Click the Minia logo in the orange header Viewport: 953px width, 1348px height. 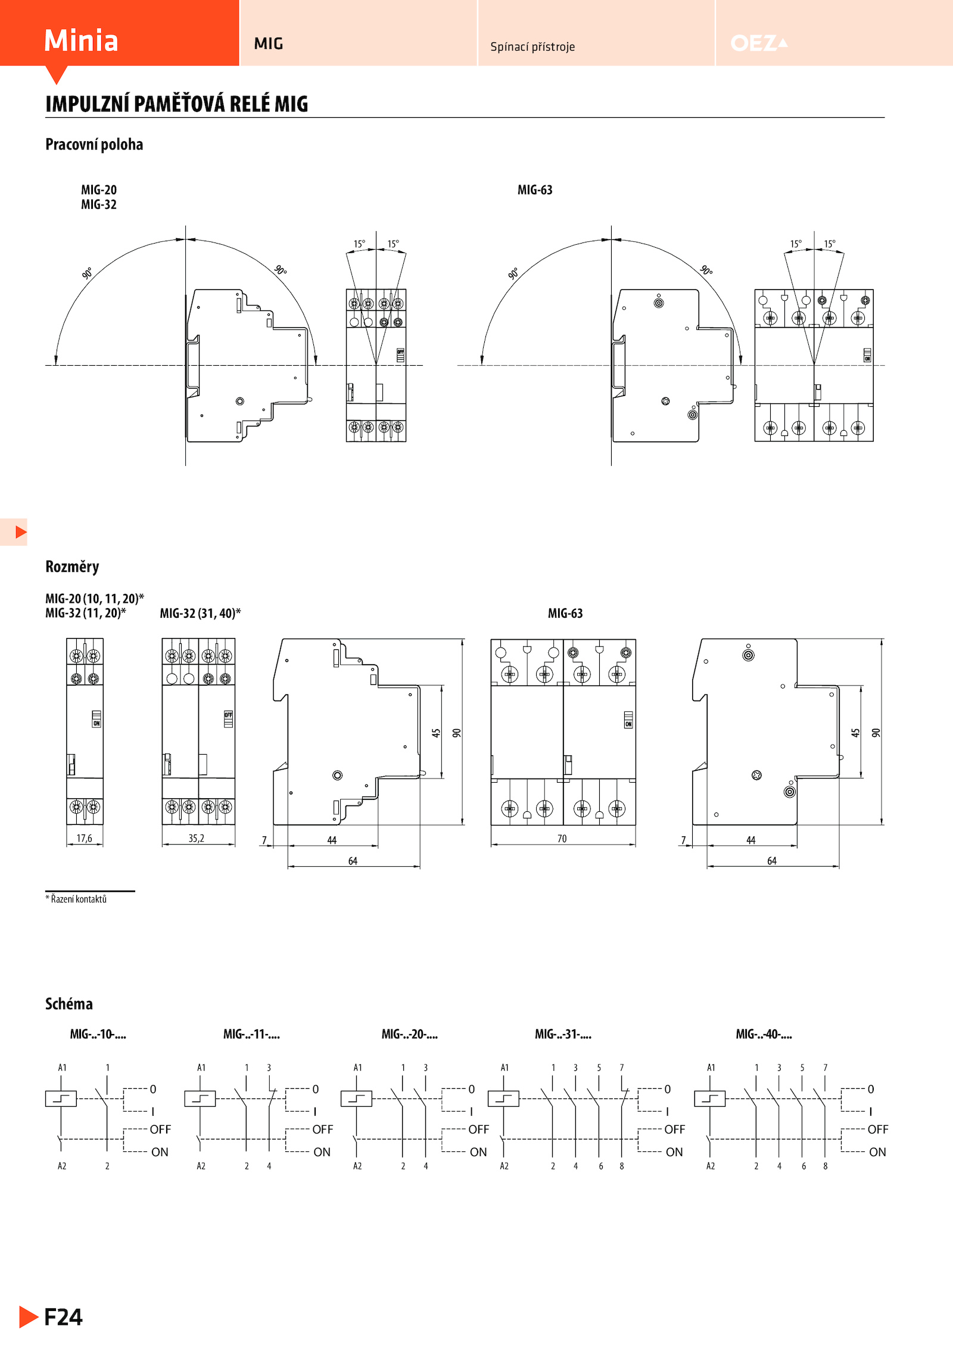[81, 41]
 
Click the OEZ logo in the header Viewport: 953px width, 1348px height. [759, 43]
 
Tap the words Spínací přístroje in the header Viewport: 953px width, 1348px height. [532, 46]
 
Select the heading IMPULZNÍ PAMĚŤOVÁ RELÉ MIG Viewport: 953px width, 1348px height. [177, 104]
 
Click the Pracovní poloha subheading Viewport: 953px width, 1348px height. [94, 145]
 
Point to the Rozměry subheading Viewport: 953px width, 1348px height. [72, 566]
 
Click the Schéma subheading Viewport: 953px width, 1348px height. [69, 1004]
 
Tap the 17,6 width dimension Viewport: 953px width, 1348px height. [85, 838]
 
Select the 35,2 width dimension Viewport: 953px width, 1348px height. [197, 838]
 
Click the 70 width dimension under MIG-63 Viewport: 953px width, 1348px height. [562, 839]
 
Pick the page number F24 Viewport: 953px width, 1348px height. [63, 1317]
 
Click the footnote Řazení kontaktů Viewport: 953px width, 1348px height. [79, 899]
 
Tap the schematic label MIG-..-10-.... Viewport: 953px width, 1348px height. [98, 1034]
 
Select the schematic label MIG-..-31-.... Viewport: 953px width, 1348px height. [563, 1034]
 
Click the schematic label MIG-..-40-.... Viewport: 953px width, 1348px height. [764, 1034]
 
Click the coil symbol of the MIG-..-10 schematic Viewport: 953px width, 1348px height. [61, 1098]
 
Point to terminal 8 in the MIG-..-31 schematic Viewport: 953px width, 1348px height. [622, 1166]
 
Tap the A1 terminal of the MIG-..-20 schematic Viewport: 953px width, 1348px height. [357, 1067]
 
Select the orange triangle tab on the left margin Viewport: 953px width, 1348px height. [21, 532]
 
